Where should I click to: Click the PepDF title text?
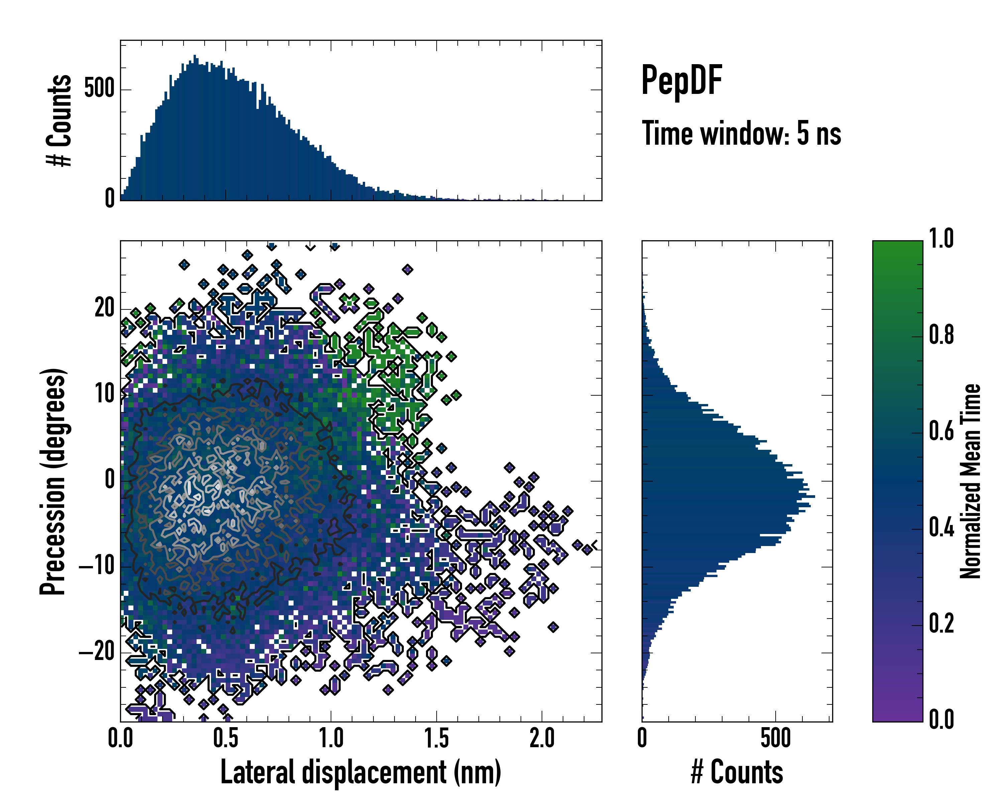coord(681,81)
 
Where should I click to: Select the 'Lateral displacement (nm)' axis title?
coord(360,772)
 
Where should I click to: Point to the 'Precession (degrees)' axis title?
coord(52,481)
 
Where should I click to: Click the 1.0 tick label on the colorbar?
coord(941,239)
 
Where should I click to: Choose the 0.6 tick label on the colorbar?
coord(941,431)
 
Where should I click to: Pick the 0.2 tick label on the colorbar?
coord(941,624)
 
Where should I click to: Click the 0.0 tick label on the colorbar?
coord(941,719)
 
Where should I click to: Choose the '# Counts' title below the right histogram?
coord(737,772)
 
